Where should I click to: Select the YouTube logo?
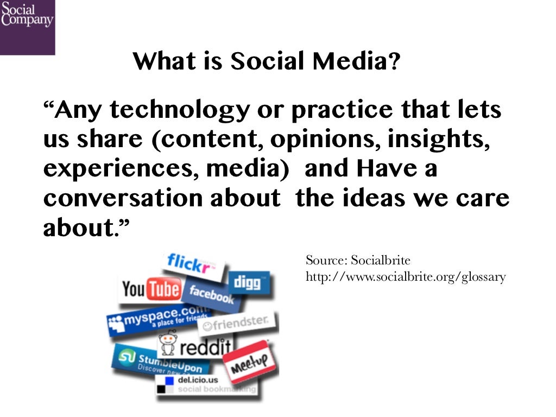point(150,289)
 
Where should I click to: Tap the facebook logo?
point(209,294)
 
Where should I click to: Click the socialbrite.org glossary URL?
point(406,277)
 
